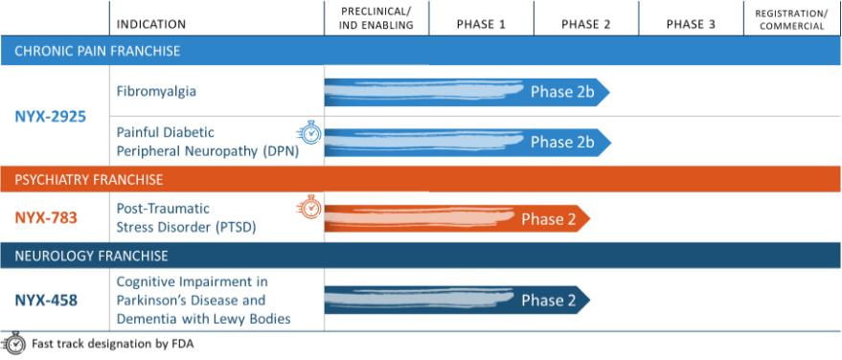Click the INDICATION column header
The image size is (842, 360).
pyautogui.click(x=151, y=25)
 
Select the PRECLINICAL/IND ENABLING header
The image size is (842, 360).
pyautogui.click(x=375, y=18)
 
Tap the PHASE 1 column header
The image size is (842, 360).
pyautogui.click(x=481, y=25)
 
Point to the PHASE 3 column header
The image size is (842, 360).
pyautogui.click(x=691, y=25)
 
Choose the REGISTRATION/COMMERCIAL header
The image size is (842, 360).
pyautogui.click(x=792, y=19)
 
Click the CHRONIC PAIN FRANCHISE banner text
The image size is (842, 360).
pyautogui.click(x=97, y=52)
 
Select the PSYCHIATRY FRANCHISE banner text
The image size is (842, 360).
pyautogui.click(x=88, y=180)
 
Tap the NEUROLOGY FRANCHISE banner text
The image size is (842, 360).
pyautogui.click(x=91, y=256)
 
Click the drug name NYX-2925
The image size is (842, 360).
pyautogui.click(x=51, y=117)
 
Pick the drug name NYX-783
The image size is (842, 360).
pyautogui.click(x=46, y=218)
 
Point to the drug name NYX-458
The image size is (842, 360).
pyautogui.click(x=46, y=300)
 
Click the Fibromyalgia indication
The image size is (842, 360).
pyautogui.click(x=156, y=91)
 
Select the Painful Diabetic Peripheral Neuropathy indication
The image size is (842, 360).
pyautogui.click(x=207, y=142)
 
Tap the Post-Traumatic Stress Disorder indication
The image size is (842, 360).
pyautogui.click(x=187, y=218)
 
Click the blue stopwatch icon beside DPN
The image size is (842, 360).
pyautogui.click(x=309, y=132)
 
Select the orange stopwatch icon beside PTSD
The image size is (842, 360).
pyautogui.click(x=309, y=208)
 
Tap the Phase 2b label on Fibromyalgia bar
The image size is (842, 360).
pyautogui.click(x=562, y=92)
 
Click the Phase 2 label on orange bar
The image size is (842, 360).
pyautogui.click(x=549, y=219)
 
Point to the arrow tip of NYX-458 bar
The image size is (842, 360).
pyautogui.click(x=590, y=300)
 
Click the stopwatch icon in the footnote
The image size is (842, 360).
pyautogui.click(x=14, y=344)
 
